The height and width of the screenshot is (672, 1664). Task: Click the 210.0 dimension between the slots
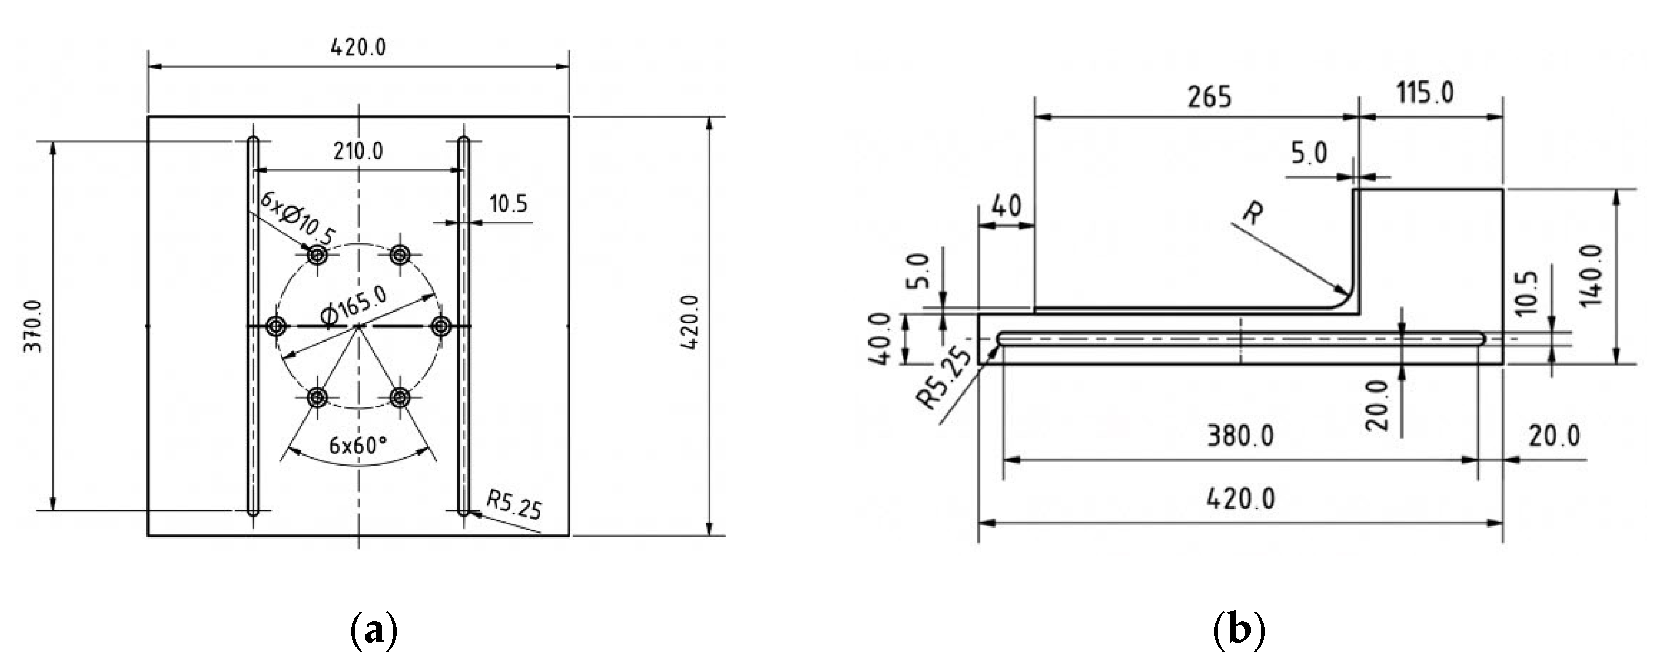pyautogui.click(x=358, y=151)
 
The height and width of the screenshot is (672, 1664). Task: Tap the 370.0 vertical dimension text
pyautogui.click(x=33, y=326)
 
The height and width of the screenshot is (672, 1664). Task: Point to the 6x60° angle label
pyautogui.click(x=358, y=445)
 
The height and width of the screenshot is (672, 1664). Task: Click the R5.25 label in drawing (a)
pyautogui.click(x=514, y=505)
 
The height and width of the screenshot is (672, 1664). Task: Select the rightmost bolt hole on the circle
pyautogui.click(x=441, y=326)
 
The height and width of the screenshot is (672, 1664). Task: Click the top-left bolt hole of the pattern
pyautogui.click(x=317, y=255)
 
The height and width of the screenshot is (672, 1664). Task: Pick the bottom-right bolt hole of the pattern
pyautogui.click(x=401, y=397)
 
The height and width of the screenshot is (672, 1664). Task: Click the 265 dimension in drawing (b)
pyautogui.click(x=1209, y=97)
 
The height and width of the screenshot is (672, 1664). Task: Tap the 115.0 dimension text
pyautogui.click(x=1425, y=93)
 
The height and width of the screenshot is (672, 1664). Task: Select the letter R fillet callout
pyautogui.click(x=1252, y=212)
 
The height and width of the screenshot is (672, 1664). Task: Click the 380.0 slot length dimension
pyautogui.click(x=1240, y=436)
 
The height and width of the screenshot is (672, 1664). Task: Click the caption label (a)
pyautogui.click(x=373, y=630)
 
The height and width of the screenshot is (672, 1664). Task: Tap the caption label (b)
pyautogui.click(x=1239, y=630)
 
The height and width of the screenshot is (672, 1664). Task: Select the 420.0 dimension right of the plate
pyautogui.click(x=689, y=322)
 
